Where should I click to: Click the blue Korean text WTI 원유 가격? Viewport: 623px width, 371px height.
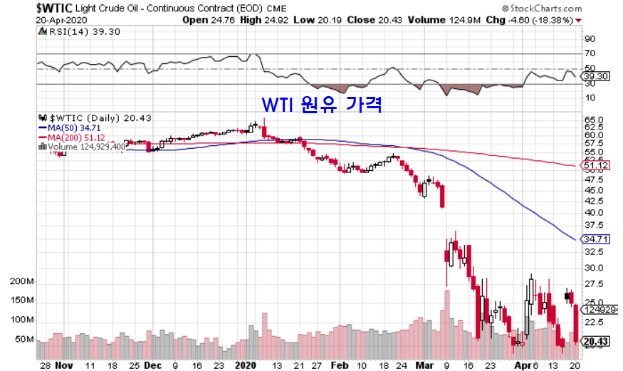[x=323, y=105]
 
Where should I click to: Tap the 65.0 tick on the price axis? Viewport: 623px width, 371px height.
[x=592, y=120]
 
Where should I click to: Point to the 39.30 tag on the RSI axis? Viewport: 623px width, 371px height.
[x=595, y=75]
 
